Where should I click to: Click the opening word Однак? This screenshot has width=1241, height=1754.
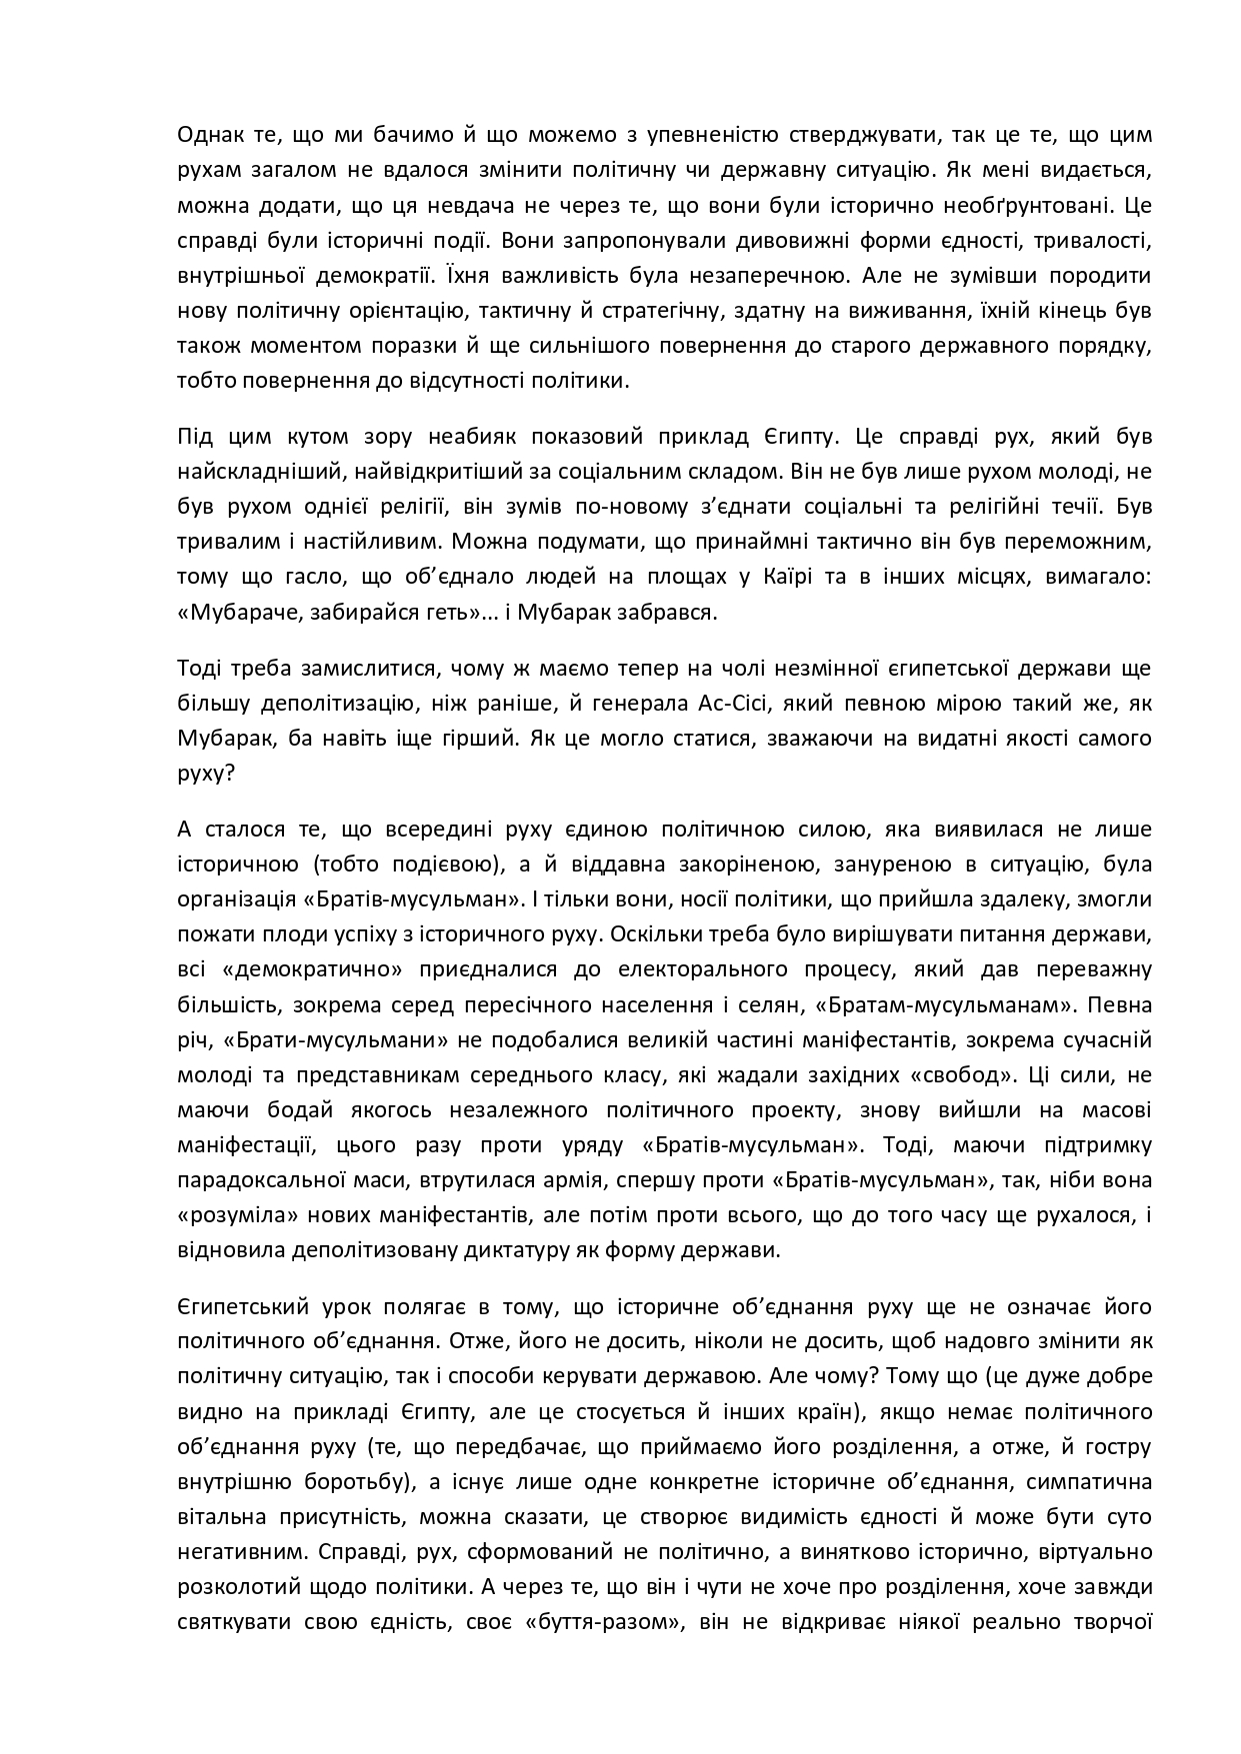tap(208, 135)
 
